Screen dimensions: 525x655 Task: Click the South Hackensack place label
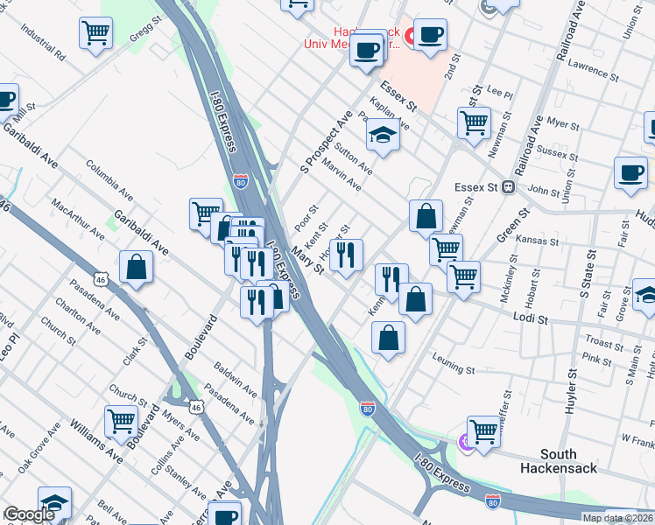570,461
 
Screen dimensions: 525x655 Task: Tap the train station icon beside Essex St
507,187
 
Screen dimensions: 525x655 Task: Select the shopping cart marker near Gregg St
96,34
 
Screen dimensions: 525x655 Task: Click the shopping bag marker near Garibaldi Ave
137,268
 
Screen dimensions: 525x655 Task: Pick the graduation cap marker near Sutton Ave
382,136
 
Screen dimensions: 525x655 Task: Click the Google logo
29,514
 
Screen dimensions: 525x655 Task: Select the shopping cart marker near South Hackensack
483,430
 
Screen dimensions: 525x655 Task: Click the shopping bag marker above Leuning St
389,337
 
